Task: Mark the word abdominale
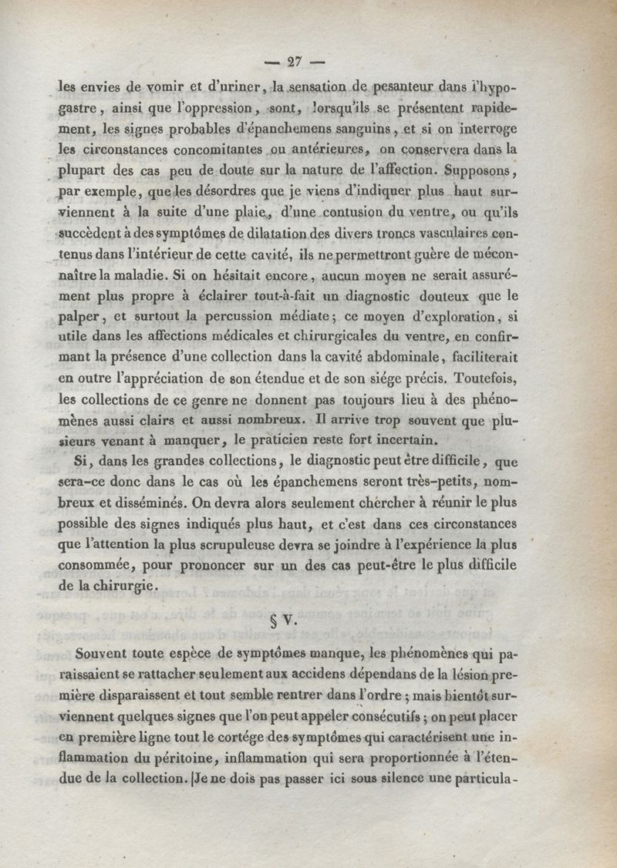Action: click(x=398, y=358)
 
